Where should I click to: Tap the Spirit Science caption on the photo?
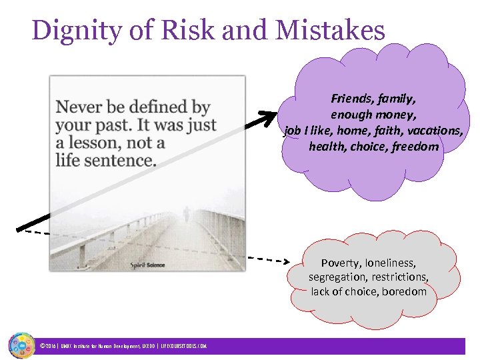(147, 265)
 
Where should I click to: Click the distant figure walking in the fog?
(185, 213)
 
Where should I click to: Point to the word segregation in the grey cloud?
(339, 277)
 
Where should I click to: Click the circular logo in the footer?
(21, 345)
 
